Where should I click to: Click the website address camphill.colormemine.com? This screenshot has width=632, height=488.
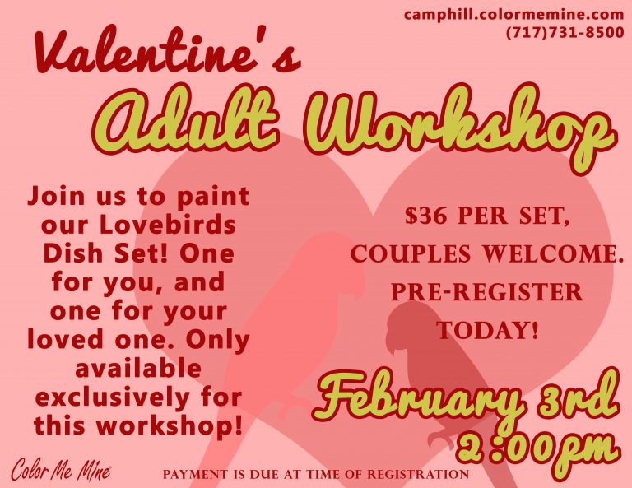513,15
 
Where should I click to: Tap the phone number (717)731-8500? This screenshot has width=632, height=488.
565,32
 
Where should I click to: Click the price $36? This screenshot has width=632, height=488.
426,216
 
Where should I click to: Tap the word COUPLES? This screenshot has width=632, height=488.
411,254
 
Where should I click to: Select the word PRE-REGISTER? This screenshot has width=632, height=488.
486,292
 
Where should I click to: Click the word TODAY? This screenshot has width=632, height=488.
488,330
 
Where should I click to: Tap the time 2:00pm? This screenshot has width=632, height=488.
538,448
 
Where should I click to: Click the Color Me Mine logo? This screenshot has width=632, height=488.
61,470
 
